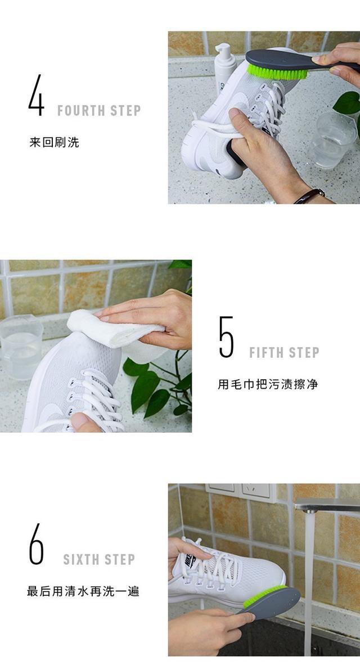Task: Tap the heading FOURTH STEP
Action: [99, 110]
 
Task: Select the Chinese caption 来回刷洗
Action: [55, 142]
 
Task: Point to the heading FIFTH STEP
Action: [284, 353]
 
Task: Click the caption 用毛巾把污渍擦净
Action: [268, 385]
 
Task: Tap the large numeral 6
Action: [36, 544]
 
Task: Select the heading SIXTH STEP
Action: [99, 560]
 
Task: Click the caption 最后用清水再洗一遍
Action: [83, 591]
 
